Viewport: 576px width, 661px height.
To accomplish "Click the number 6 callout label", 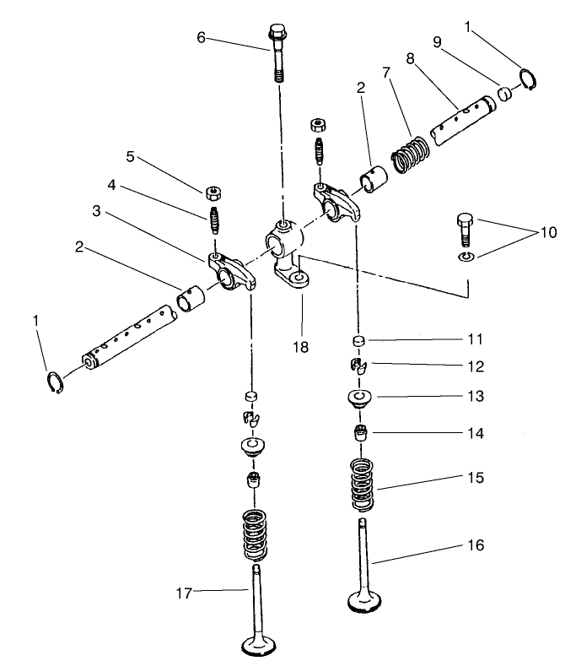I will (201, 37).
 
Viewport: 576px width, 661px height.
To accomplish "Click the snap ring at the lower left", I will (57, 381).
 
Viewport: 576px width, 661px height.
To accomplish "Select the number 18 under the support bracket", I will (300, 347).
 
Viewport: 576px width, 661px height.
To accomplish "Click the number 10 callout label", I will (548, 232).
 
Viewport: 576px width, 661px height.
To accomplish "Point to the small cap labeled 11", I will (359, 341).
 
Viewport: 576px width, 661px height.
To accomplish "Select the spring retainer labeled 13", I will (360, 397).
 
